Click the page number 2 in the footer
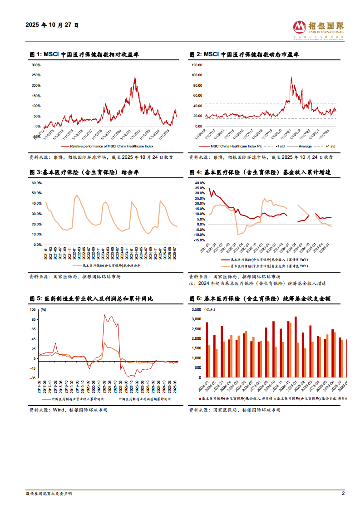pos(343,494)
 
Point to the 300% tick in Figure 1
pos(35,65)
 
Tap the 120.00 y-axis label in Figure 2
pos(197,65)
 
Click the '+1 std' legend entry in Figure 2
pos(330,146)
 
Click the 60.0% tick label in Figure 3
pos(36,183)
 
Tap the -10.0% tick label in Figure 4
pos(200,234)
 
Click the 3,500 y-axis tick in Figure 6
pos(196,309)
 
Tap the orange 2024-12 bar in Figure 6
pos(290,350)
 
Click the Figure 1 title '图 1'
pos(35,54)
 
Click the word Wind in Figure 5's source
pos(59,410)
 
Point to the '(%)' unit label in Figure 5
pos(44,309)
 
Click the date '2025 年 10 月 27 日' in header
pos(52,25)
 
